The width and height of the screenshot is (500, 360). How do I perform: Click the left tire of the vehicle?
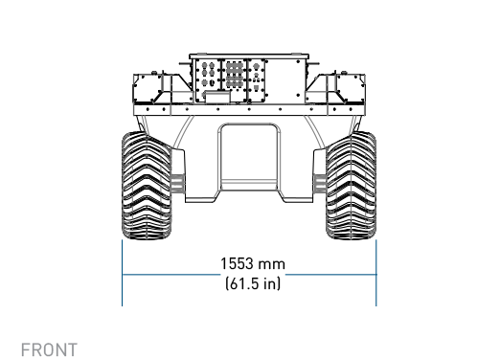click(147, 185)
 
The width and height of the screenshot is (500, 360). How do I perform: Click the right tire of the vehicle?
click(352, 185)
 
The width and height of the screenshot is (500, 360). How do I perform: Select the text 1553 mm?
click(253, 264)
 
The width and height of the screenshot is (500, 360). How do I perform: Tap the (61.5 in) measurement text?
click(253, 283)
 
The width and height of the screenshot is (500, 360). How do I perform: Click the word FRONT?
click(49, 349)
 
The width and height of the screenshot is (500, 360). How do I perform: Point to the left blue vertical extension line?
click(123, 273)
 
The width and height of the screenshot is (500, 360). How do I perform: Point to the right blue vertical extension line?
click(376, 273)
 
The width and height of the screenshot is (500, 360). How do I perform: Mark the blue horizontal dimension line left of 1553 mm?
click(171, 274)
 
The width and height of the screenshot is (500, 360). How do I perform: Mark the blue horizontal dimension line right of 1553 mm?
click(330, 274)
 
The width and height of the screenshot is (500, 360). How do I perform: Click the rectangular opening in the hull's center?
click(249, 157)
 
